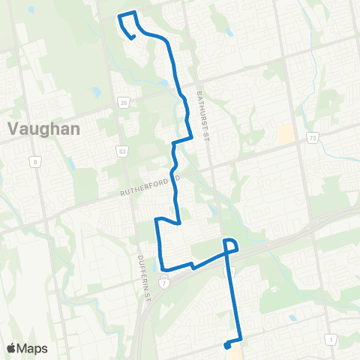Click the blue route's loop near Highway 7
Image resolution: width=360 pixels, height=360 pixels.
[x=231, y=245]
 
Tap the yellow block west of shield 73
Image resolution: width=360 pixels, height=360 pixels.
[x=286, y=135]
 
